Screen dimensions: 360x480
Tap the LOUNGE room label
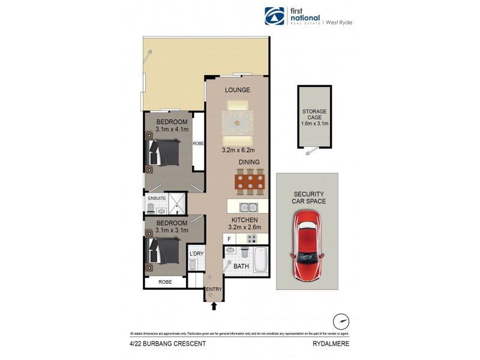click(x=237, y=90)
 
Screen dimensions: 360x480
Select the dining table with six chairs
click(x=249, y=181)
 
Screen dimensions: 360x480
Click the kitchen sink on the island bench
click(x=248, y=208)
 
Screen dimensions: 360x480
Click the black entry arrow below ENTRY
click(x=214, y=305)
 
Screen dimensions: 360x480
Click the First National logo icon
click(x=274, y=16)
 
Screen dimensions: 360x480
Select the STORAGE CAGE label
click(x=314, y=115)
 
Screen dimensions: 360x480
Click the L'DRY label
click(x=196, y=254)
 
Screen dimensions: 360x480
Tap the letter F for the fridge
click(x=228, y=239)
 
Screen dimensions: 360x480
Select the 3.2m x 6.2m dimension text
click(x=238, y=150)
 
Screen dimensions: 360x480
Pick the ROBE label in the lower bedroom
click(x=164, y=281)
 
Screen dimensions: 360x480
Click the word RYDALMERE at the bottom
click(x=330, y=344)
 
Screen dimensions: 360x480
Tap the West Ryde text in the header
click(x=339, y=22)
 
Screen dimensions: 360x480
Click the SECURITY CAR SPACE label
click(x=308, y=197)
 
